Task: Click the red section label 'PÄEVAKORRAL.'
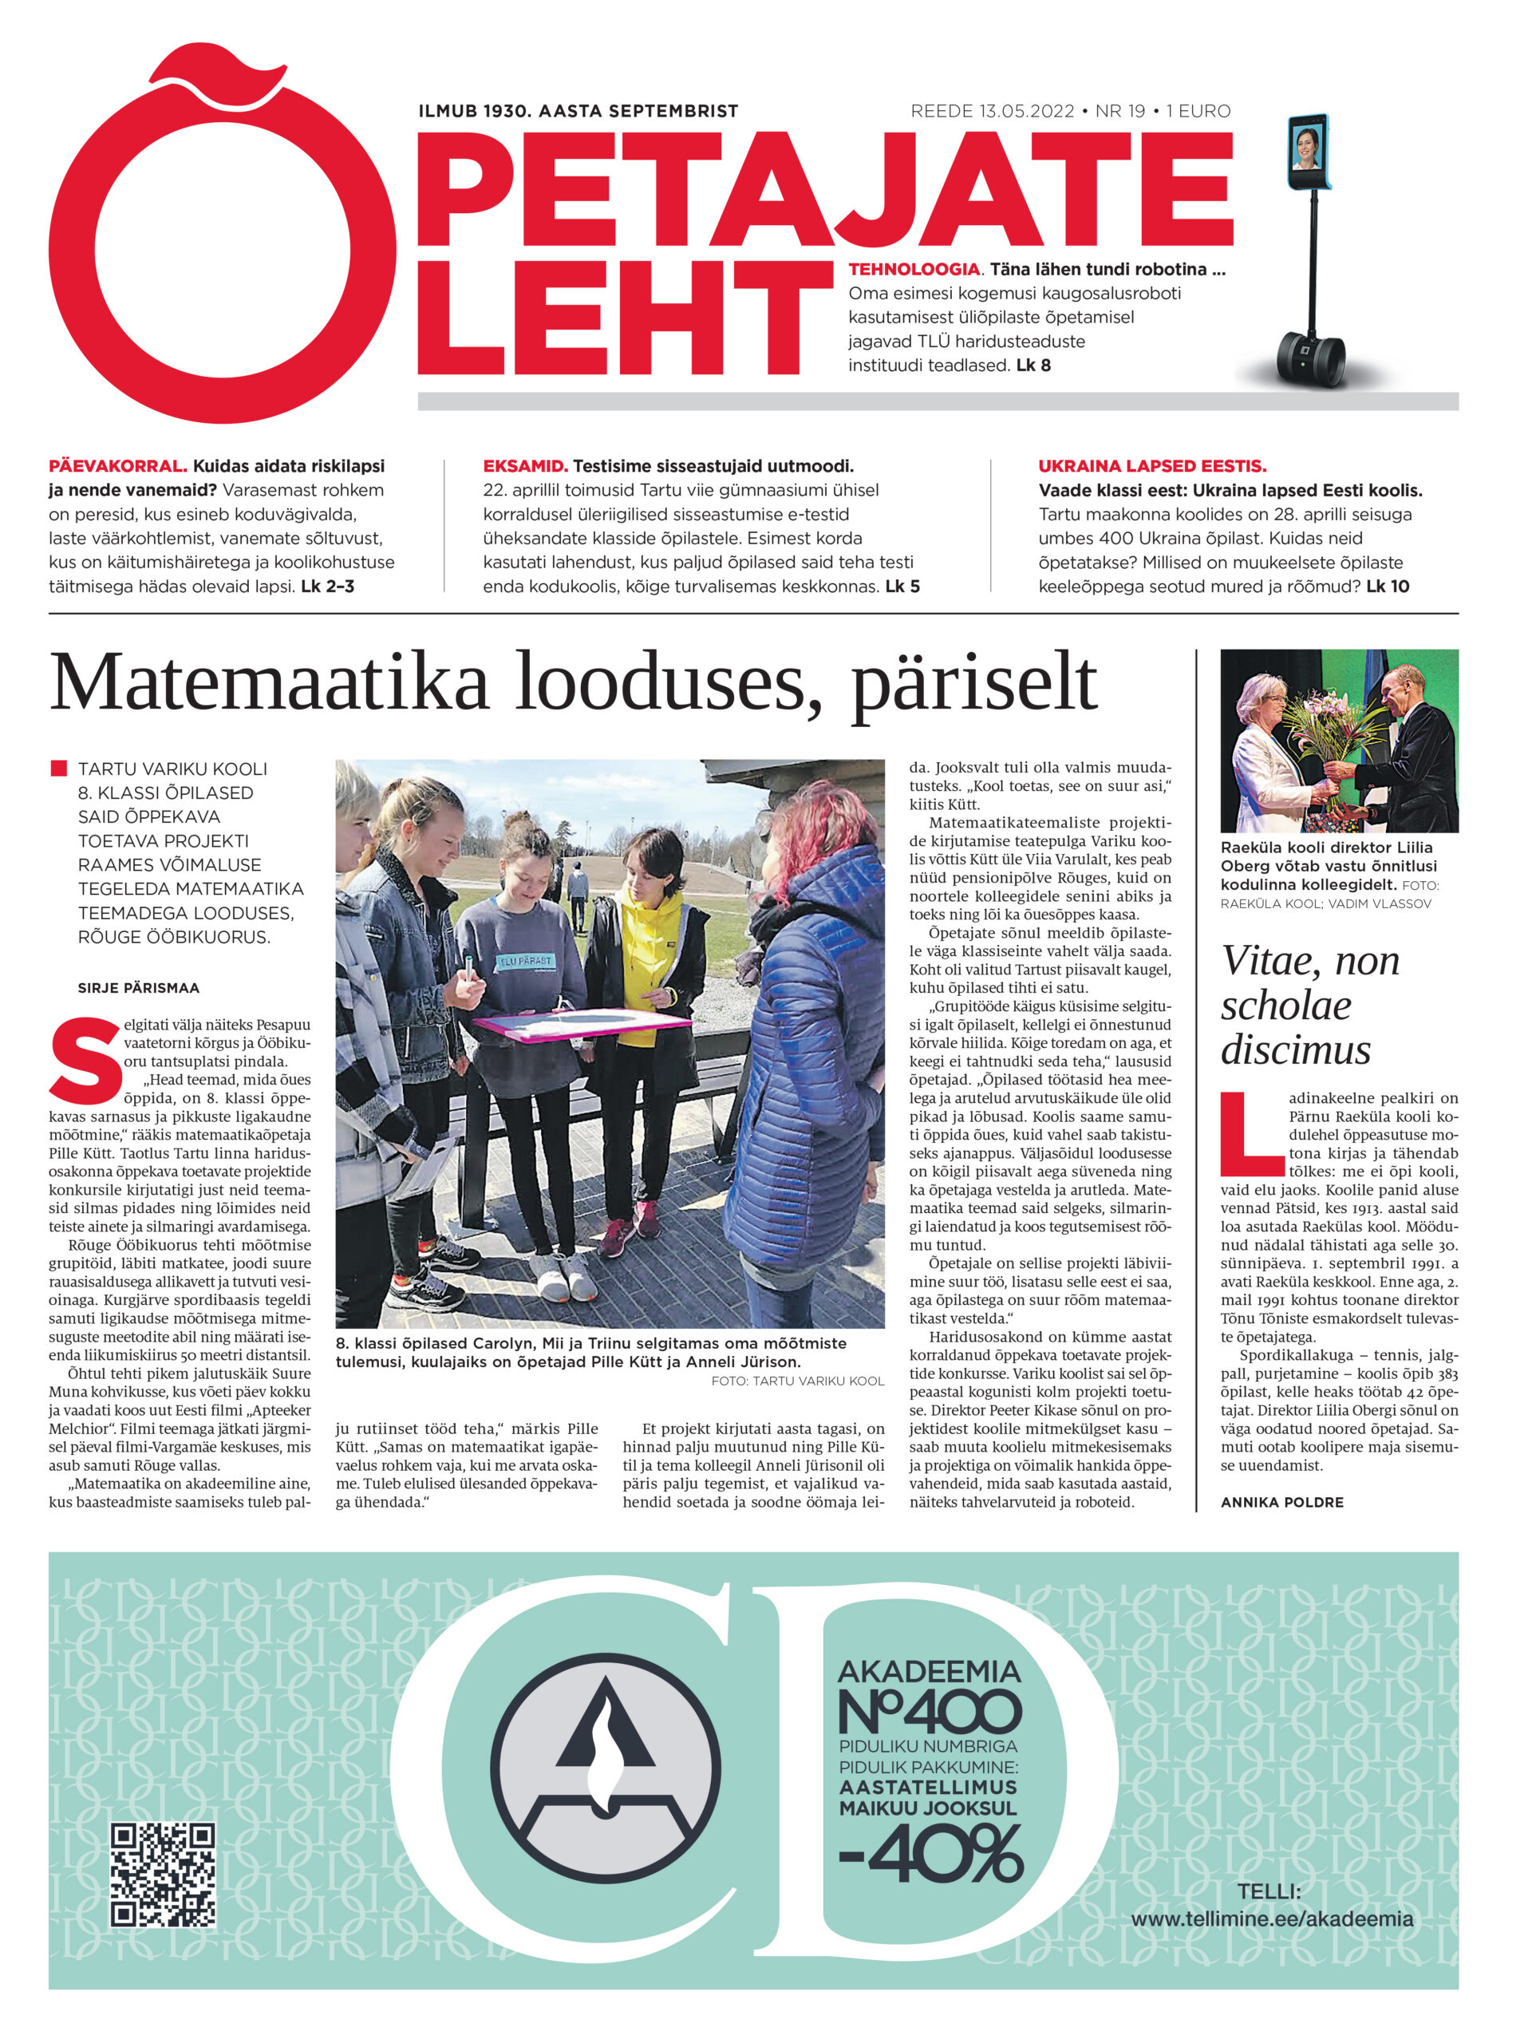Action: coord(117,466)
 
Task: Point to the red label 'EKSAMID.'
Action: coord(524,466)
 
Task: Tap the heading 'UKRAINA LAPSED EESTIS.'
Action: coord(1151,466)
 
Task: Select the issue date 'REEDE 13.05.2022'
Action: coord(992,112)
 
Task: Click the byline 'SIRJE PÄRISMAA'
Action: coord(139,988)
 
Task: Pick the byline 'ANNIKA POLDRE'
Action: coord(1281,1503)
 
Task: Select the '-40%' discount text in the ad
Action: coord(931,1855)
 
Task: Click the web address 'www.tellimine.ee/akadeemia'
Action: coord(1272,1919)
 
